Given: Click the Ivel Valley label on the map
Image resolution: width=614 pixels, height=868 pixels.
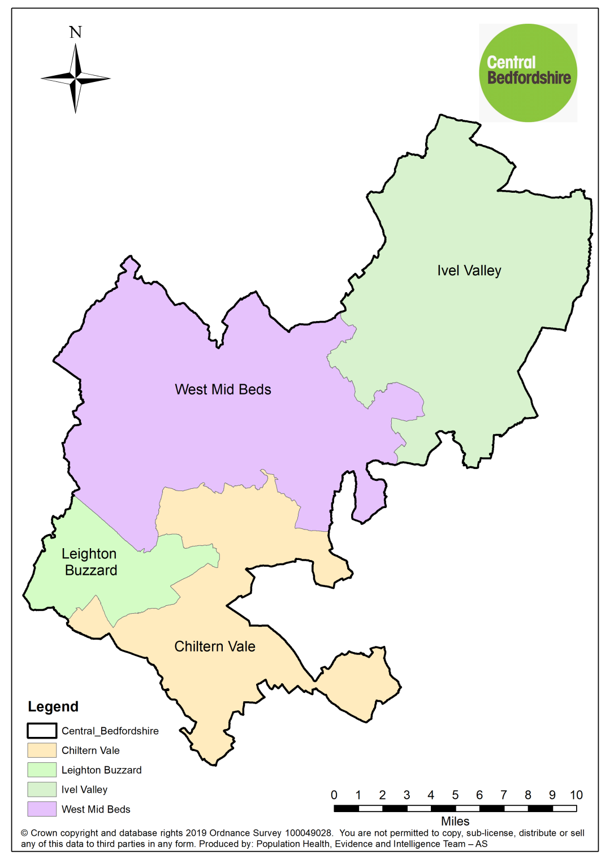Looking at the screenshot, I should point(469,271).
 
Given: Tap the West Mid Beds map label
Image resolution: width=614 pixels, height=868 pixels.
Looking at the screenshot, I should point(223,389).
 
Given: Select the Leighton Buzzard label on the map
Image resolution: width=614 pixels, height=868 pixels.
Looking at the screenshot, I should point(90,562).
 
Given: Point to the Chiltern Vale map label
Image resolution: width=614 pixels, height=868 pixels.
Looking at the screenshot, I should point(215,646).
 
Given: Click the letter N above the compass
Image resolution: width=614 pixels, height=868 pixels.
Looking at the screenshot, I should point(76,32).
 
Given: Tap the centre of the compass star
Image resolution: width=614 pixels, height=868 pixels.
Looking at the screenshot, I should point(76,79).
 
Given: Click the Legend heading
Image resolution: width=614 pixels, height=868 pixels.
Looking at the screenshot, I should point(53,706).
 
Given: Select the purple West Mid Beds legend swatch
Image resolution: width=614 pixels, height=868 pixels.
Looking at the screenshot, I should point(42,809).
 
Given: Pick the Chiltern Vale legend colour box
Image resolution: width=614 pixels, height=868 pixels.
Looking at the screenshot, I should point(42,750).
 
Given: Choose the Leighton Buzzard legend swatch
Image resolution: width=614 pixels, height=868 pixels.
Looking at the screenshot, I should point(42,770).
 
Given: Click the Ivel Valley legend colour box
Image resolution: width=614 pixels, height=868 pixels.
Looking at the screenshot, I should point(42,789).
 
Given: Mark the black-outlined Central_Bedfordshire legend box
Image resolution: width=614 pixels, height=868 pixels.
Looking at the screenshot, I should point(42,731).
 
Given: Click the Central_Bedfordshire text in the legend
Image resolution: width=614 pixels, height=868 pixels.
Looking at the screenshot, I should point(110,731).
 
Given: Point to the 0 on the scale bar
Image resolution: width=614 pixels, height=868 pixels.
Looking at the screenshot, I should point(334,795).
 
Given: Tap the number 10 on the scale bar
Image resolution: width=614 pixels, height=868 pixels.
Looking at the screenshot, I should point(576,795).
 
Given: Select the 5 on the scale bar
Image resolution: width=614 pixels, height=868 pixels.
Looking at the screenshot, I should point(455,795).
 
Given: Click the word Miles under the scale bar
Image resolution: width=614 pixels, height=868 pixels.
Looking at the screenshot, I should point(455,821).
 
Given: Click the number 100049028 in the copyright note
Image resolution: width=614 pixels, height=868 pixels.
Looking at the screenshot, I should point(308,833).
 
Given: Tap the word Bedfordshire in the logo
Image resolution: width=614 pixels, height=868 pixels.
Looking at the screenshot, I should point(529,77).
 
